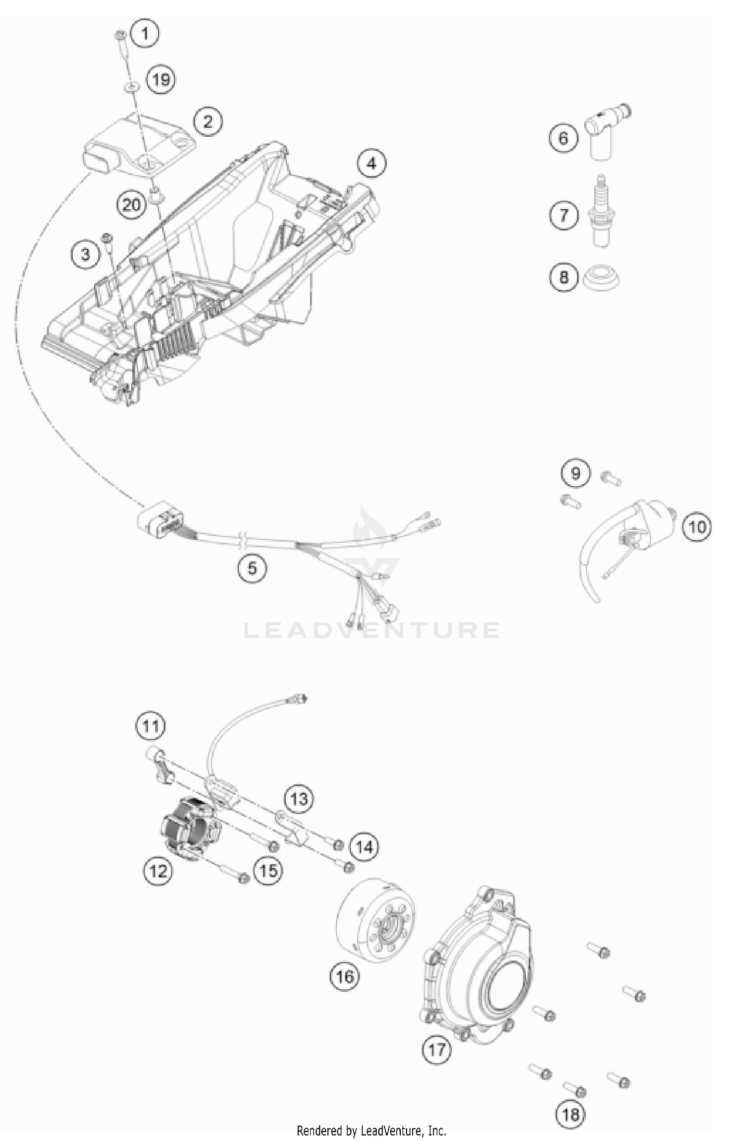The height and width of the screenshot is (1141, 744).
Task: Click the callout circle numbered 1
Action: point(145,34)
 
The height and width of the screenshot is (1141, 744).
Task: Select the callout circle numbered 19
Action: point(161,79)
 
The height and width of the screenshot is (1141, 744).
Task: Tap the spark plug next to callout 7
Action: point(601,213)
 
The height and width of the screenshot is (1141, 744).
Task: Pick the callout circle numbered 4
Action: point(372,163)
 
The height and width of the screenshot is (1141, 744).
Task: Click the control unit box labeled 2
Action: point(139,144)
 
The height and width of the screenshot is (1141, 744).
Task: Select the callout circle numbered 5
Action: point(252,568)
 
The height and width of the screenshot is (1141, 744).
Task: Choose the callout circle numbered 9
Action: point(575,472)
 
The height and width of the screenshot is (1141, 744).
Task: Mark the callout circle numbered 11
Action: point(151,727)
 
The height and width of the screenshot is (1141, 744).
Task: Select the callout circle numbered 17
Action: point(437,1049)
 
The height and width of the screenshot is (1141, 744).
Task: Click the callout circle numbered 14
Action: point(364,847)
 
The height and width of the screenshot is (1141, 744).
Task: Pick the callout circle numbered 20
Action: point(131,204)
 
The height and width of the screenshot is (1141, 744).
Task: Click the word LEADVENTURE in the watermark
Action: point(372,630)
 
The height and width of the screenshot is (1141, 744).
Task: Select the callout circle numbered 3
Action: point(86,254)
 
